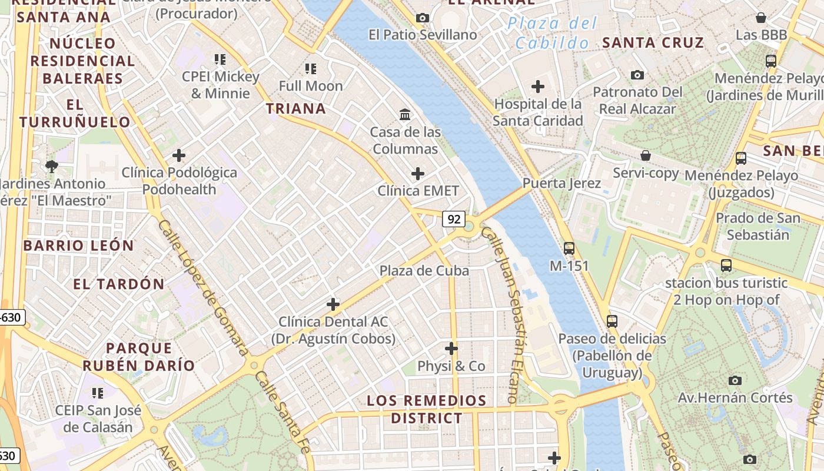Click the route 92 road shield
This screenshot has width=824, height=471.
[454, 219]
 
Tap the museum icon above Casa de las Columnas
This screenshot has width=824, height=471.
[405, 114]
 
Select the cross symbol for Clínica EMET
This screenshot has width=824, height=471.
[417, 174]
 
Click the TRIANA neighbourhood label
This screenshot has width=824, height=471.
[296, 108]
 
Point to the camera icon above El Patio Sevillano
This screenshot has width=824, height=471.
[422, 18]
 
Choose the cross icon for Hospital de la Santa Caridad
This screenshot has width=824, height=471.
[537, 87]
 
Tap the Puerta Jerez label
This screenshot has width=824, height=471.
[561, 183]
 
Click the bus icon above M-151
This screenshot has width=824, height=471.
[569, 248]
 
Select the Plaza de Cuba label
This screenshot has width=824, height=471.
[424, 271]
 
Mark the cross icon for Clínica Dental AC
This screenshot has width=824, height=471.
[333, 304]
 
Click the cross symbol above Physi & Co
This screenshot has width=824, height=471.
[451, 349]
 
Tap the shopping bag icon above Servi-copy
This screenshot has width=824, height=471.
[646, 155]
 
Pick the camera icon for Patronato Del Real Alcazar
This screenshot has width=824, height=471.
[637, 75]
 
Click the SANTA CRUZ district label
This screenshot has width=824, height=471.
[653, 42]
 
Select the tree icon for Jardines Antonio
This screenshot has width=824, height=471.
[52, 166]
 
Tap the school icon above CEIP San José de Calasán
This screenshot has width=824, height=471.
[97, 393]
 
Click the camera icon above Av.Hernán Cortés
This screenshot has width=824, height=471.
[735, 380]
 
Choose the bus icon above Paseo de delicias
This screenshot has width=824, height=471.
[612, 321]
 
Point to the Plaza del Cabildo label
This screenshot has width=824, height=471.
[552, 33]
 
